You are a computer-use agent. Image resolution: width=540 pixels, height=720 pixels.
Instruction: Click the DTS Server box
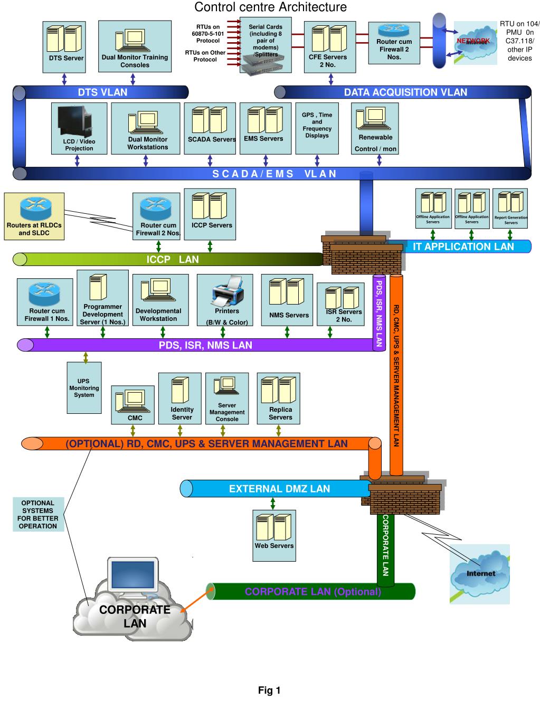coord(64,46)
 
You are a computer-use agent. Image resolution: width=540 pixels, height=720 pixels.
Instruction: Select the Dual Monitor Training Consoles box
coord(134,46)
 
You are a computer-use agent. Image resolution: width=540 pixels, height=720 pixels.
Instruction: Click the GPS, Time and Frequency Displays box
coord(317,128)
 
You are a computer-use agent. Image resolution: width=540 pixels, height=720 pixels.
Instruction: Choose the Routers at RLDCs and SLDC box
coord(34,216)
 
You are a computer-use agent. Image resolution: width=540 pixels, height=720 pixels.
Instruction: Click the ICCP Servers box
coord(210,214)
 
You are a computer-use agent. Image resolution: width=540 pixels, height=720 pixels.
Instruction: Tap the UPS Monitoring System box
coord(84,387)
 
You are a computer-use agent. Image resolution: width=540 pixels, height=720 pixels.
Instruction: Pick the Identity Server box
coord(182,398)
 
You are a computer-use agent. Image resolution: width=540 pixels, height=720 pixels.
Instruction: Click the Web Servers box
coord(274,535)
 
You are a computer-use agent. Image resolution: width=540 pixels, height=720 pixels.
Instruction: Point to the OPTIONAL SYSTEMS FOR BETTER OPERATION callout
coord(38,514)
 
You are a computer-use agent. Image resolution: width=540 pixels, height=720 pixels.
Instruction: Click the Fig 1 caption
coord(269,690)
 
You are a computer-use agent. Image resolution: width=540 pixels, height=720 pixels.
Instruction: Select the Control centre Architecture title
coord(270,7)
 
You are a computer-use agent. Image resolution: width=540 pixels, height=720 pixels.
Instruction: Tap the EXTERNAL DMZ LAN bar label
coord(279,489)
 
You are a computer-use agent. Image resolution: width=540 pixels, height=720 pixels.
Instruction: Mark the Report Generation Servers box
coord(510,209)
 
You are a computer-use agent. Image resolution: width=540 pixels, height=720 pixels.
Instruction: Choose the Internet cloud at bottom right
coord(480,574)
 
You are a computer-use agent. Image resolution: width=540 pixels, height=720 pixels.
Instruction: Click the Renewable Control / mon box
coord(375,128)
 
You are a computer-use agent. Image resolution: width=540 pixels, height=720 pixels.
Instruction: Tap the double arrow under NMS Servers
coord(287,332)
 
